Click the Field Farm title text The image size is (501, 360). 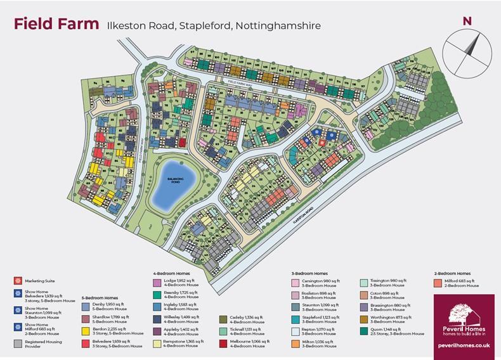click(56, 25)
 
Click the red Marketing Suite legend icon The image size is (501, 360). click(16, 280)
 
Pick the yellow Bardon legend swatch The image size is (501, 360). click(86, 330)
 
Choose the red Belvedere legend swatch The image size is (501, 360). click(86, 343)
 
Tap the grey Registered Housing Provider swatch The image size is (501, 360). click(16, 343)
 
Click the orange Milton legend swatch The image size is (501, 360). click(296, 343)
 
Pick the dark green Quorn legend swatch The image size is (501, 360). click(363, 330)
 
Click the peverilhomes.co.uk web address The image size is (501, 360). click(464, 345)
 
